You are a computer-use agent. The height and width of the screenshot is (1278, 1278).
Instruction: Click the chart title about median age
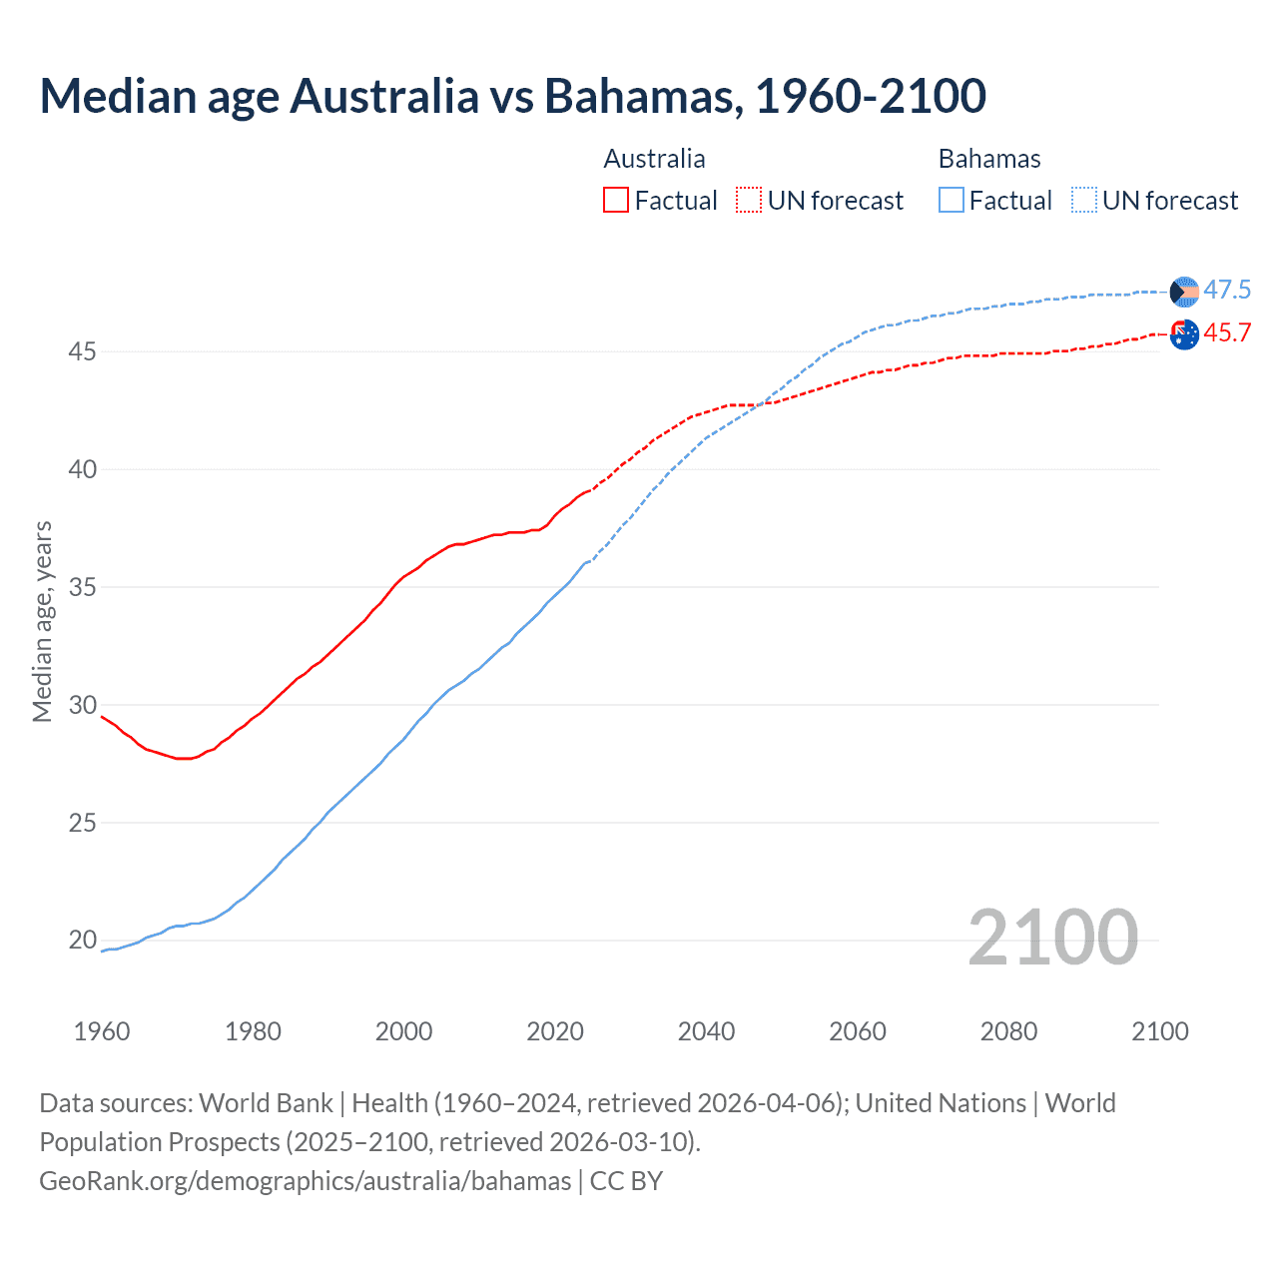513,97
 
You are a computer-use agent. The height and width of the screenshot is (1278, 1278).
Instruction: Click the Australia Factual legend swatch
616,201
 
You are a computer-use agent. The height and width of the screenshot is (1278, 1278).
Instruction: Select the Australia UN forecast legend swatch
749,201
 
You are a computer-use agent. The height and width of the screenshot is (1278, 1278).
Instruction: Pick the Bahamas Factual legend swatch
952,201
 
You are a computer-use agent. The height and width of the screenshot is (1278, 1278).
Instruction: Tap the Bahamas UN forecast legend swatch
1084,201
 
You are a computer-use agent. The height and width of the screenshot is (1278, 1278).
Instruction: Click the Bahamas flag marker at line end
1184,292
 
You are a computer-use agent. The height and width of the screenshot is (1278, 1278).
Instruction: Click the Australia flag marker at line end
1184,334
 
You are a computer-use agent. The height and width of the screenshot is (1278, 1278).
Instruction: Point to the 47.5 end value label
1227,291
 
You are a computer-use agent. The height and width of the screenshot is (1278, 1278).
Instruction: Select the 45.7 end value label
1227,333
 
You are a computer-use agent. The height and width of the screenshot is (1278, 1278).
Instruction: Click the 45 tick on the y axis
83,352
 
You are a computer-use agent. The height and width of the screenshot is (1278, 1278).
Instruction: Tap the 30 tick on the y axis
83,706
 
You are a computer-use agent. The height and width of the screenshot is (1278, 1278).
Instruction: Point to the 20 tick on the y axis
83,941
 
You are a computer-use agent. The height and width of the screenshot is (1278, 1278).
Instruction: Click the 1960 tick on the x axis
102,1031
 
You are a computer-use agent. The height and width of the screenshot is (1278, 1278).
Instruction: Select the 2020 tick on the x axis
555,1031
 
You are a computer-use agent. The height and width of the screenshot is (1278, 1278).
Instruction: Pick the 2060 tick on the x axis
858,1031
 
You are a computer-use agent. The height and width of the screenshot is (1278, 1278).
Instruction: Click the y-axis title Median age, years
42,621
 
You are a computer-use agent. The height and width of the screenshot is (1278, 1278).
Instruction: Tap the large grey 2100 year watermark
1053,938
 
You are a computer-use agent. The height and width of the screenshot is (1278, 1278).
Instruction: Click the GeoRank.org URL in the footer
305,1181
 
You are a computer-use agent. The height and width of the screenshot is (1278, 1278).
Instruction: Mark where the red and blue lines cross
760,404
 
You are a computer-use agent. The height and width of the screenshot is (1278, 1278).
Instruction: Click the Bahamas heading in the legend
989,159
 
